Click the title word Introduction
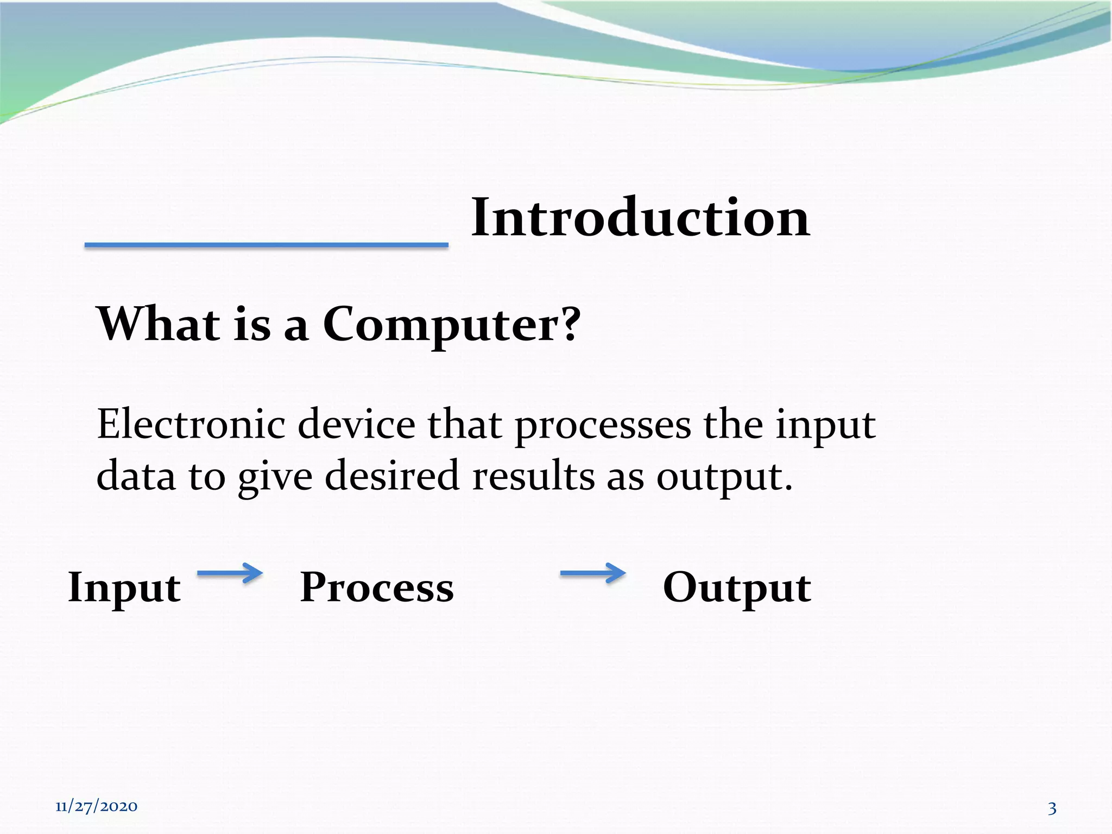coord(640,218)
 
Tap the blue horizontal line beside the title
coord(266,245)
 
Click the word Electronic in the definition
coord(191,424)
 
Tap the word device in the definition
coord(356,424)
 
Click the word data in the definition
coord(136,476)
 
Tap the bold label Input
coord(124,588)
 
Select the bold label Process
coord(376,587)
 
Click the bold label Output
coord(737,588)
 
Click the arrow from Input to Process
coord(230,573)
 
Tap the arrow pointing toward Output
coord(592,573)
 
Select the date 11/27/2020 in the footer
coord(96,806)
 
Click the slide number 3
coord(1052,808)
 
